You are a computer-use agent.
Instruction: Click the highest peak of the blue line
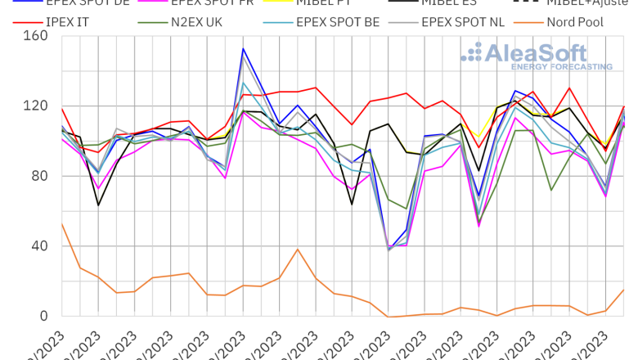click(243, 49)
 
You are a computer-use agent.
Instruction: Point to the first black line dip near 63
click(98, 205)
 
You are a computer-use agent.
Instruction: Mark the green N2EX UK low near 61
click(407, 209)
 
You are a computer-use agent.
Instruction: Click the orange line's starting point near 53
click(62, 223)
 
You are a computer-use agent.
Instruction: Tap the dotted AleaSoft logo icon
click(472, 53)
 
